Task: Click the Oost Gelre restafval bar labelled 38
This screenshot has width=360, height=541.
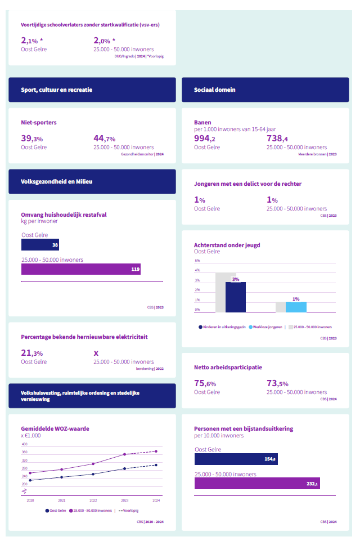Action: point(40,245)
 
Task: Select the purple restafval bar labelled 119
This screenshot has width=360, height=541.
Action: point(80,269)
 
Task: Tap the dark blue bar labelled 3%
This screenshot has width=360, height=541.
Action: point(236,297)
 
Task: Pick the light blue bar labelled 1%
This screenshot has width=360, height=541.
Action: point(296,307)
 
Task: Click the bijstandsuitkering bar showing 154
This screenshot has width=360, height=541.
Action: point(236,459)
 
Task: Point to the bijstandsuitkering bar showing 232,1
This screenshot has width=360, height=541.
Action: point(257,484)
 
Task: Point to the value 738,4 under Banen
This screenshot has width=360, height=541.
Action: point(277,139)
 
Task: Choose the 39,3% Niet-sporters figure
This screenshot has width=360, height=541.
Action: point(32,139)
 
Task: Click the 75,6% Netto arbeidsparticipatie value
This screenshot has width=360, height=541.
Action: point(206,384)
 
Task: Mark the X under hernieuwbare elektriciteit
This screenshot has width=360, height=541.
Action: point(96,354)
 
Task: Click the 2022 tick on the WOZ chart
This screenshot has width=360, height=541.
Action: point(93,500)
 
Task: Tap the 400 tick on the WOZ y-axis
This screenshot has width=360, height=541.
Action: point(25,444)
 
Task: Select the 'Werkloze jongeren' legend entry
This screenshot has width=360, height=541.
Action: point(267,327)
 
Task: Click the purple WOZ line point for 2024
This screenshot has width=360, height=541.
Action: point(156,451)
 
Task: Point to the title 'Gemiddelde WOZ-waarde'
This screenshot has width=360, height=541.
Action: point(55,428)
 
